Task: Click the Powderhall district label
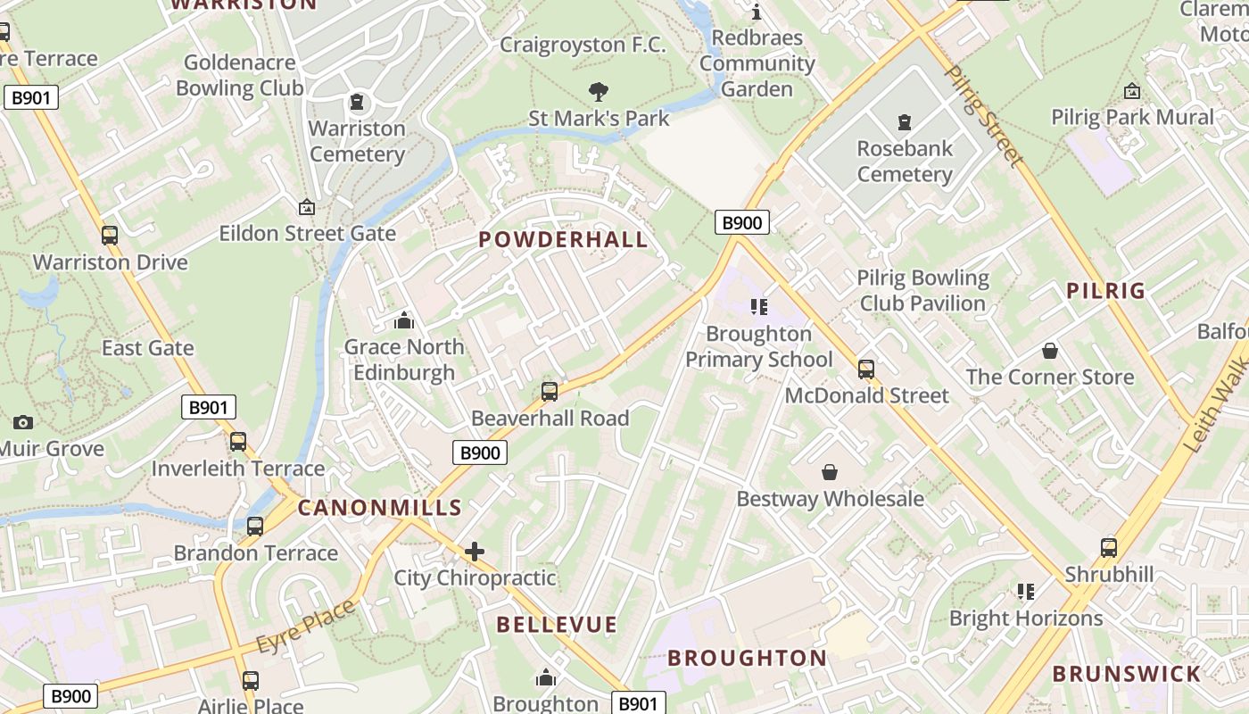click(x=563, y=239)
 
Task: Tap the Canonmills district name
click(x=379, y=508)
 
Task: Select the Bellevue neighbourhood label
click(x=557, y=624)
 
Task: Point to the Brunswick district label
click(x=1139, y=673)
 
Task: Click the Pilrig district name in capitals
click(x=1106, y=290)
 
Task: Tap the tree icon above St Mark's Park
click(x=598, y=90)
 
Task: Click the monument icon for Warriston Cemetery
click(x=357, y=102)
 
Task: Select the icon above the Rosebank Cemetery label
click(x=905, y=121)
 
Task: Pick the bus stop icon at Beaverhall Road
click(x=550, y=391)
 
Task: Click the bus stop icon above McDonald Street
click(x=865, y=369)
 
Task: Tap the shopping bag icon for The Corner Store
click(x=1050, y=351)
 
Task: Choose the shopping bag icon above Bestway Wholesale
click(x=830, y=471)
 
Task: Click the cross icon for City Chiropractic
click(x=475, y=552)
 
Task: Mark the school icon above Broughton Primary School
click(x=758, y=307)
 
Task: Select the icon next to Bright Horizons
click(x=1026, y=591)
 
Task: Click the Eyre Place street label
click(x=305, y=627)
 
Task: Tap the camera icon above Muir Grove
click(x=23, y=422)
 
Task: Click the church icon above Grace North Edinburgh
click(x=404, y=320)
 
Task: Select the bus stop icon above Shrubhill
click(x=1109, y=547)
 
